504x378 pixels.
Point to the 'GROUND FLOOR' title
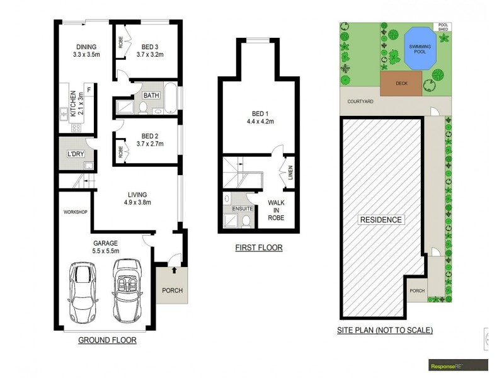(x=107, y=340)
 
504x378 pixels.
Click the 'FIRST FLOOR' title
(x=259, y=248)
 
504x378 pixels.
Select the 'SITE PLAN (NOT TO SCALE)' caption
(x=385, y=330)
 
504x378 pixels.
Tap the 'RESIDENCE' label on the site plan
(x=381, y=220)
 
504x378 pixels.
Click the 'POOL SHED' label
(x=444, y=28)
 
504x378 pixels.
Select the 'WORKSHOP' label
(x=75, y=212)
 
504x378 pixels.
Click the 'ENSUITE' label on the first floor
(x=242, y=207)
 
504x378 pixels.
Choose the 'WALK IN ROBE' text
(x=276, y=210)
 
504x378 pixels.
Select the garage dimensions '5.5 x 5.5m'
(x=105, y=250)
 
